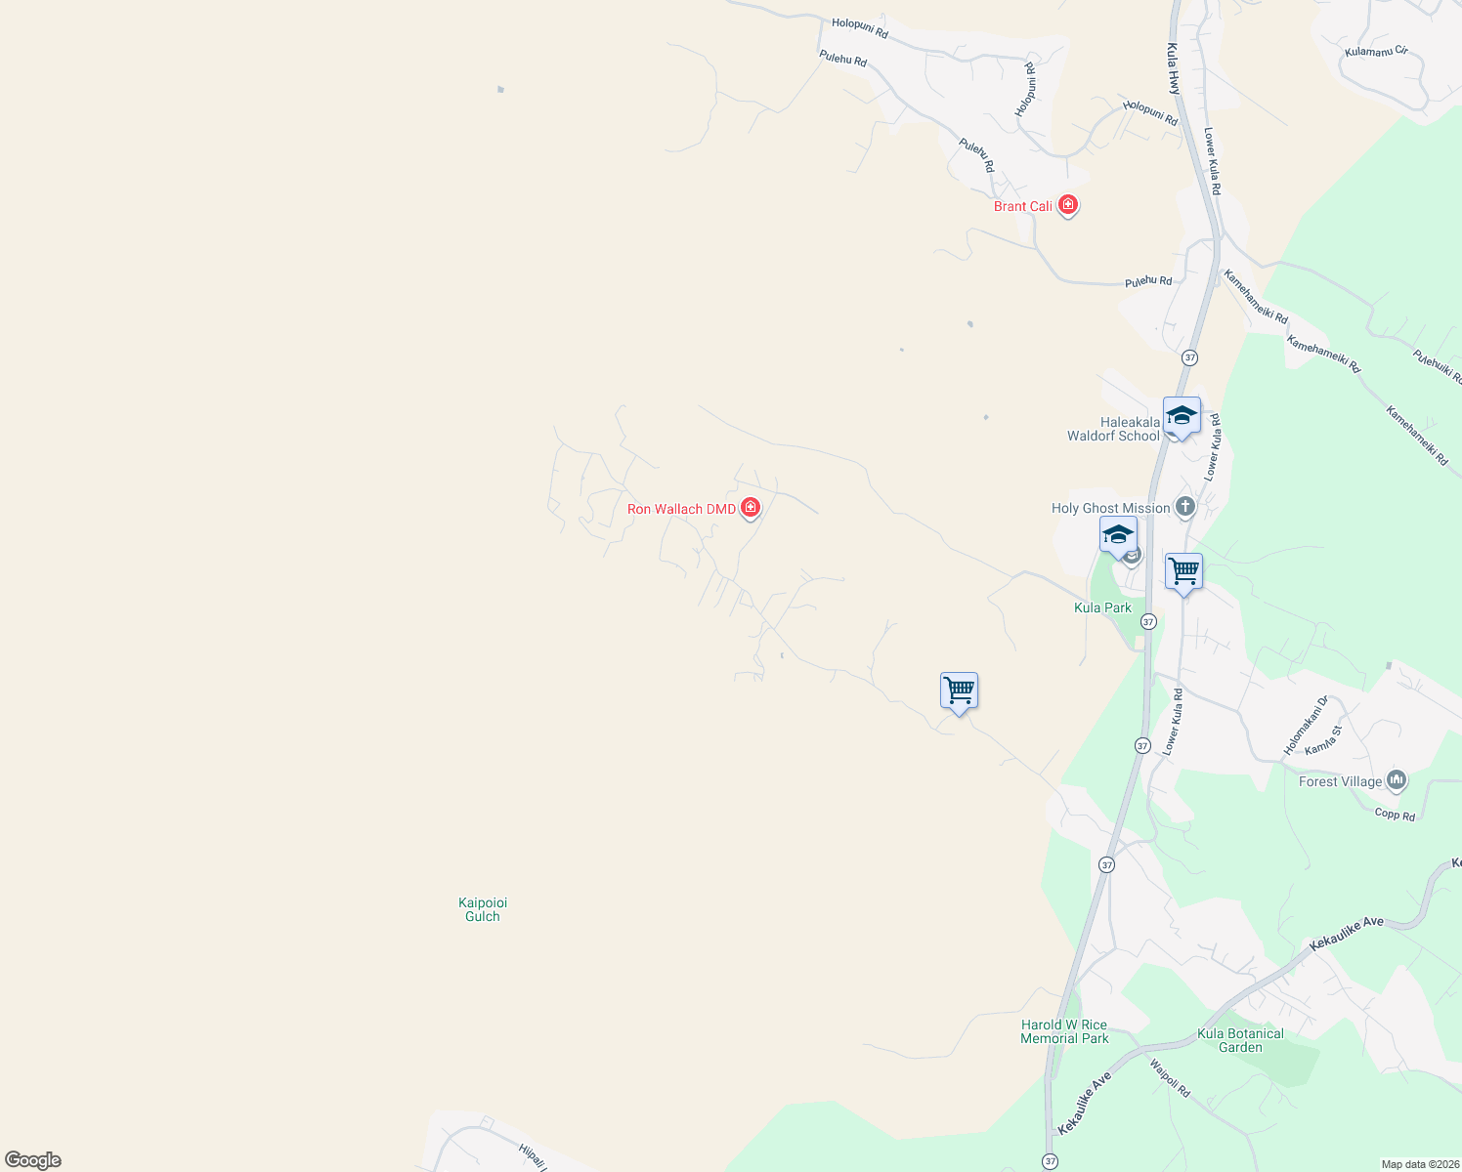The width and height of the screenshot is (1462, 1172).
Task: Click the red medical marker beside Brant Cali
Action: (x=1067, y=205)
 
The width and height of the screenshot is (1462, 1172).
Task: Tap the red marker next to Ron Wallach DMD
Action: (x=751, y=508)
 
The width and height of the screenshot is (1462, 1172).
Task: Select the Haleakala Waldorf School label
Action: (x=1113, y=430)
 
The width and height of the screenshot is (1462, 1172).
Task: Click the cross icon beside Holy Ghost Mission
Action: (x=1185, y=507)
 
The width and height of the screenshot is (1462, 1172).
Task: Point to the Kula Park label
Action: (x=1102, y=607)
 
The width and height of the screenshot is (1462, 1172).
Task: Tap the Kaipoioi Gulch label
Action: (x=483, y=909)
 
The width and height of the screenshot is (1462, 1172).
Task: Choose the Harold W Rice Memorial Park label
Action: (x=1064, y=1031)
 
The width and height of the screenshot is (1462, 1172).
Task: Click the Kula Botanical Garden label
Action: (x=1240, y=1040)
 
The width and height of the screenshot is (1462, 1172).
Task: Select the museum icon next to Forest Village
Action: (x=1397, y=779)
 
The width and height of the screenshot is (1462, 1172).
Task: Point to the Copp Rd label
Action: (x=1395, y=815)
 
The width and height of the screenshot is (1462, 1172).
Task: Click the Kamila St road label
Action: (x=1324, y=739)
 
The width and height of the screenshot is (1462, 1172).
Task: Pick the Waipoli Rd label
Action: (x=1170, y=1078)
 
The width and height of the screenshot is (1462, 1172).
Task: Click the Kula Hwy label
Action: (x=1174, y=68)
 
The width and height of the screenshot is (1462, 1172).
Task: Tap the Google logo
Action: (x=33, y=1160)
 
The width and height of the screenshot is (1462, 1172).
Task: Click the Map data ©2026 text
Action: (x=1418, y=1164)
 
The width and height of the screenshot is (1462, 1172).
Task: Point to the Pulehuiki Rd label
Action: (x=1438, y=367)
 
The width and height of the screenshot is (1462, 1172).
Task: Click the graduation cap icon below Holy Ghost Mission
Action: (x=1118, y=535)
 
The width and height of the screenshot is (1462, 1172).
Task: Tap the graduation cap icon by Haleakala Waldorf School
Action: (x=1182, y=415)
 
